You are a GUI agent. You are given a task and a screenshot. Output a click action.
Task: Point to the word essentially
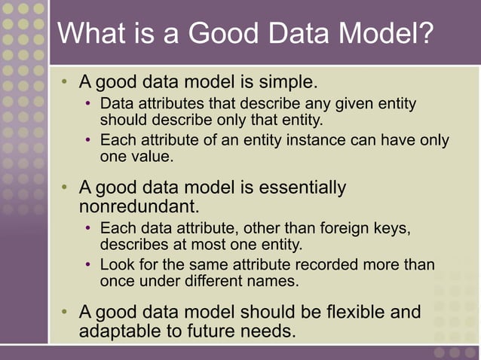click(x=302, y=187)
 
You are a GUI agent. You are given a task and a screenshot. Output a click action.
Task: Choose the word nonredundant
click(x=139, y=206)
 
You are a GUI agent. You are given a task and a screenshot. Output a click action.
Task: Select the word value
click(x=152, y=157)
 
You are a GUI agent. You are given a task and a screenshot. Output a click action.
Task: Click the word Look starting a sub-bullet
click(x=116, y=265)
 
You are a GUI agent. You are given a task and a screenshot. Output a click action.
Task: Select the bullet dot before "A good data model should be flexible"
click(x=67, y=313)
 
